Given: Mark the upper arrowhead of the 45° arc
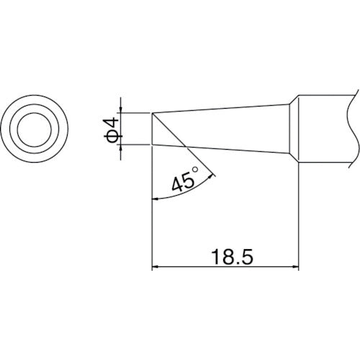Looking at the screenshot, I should pyautogui.click(x=212, y=174).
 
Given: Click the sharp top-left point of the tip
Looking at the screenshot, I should pyautogui.click(x=152, y=113).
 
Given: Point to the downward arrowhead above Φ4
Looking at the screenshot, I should pyautogui.click(x=122, y=108).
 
